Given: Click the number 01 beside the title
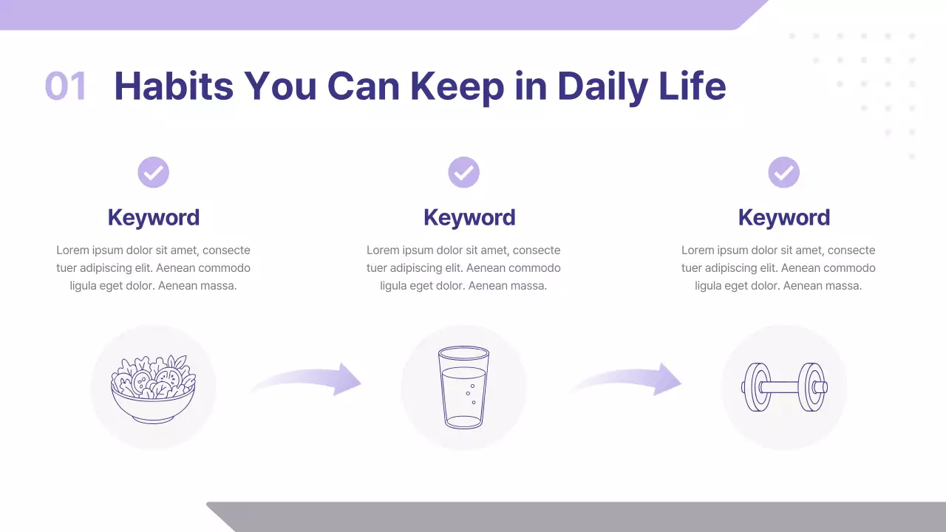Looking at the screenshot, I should pos(66,86).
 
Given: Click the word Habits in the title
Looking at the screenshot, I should pos(174,86).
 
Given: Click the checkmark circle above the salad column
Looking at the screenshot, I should pos(154,173).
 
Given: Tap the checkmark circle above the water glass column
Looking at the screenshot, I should pos(464,173).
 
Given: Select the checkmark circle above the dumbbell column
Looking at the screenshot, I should pos(784,173).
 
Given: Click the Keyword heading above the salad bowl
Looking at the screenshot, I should pos(154,217).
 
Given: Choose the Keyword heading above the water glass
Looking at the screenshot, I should pos(469,217).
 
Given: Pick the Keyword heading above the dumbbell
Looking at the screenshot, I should pos(784,217).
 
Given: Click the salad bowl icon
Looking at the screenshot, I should pos(153,389).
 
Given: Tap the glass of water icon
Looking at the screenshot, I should pos(463,387).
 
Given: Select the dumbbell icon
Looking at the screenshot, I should pos(784,387).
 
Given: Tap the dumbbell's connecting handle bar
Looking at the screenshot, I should pos(784,387).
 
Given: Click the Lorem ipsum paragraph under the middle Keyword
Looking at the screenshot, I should pos(463,268).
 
